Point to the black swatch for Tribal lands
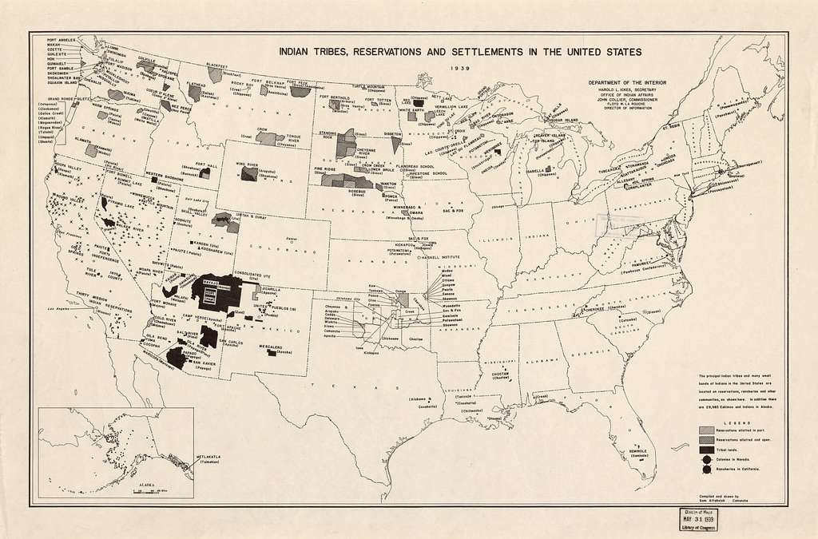[705, 450]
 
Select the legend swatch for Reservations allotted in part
[705, 430]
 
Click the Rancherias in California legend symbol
[705, 471]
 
